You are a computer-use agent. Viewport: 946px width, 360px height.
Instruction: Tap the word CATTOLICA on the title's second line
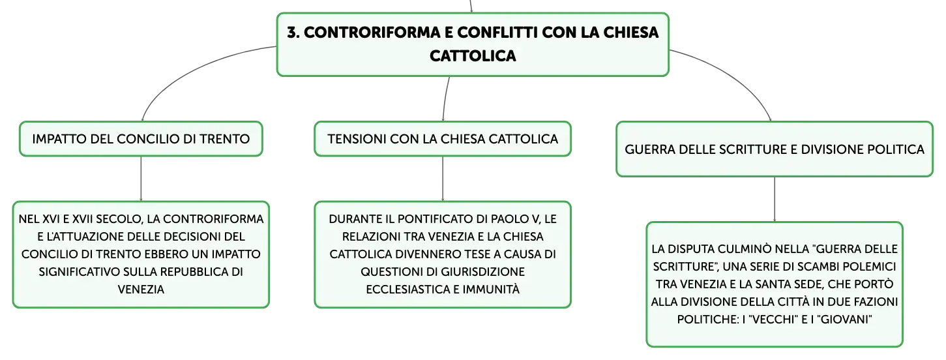473,56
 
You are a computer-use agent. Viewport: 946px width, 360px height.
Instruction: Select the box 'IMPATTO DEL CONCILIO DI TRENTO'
141,139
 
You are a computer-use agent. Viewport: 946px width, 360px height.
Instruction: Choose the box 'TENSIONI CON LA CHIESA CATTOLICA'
443,139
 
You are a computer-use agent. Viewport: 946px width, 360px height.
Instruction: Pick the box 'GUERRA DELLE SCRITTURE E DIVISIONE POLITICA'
775,149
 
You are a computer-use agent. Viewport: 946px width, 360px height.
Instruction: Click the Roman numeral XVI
51,219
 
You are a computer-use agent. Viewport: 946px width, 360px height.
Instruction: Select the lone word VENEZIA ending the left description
141,290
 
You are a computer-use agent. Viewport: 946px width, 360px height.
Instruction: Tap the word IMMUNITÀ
491,290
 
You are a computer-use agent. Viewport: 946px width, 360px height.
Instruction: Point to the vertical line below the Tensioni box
443,179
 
